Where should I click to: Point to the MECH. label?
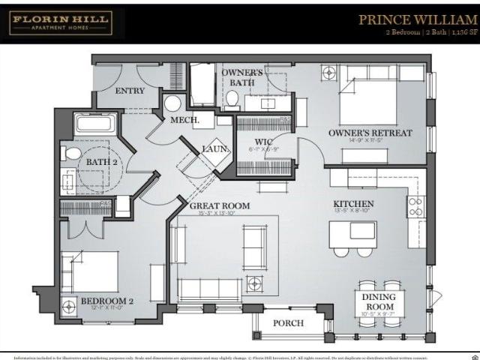click(184, 120)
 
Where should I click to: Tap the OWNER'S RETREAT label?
click(370, 133)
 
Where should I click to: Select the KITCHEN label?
click(353, 204)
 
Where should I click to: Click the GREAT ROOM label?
click(220, 205)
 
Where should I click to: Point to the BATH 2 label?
click(101, 161)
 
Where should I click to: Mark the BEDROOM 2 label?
click(106, 301)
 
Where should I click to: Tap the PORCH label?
click(288, 323)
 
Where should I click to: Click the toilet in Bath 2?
click(73, 154)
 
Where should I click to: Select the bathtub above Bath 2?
click(95, 124)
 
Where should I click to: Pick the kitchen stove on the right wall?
click(415, 206)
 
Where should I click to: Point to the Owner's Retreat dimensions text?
click(370, 140)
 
